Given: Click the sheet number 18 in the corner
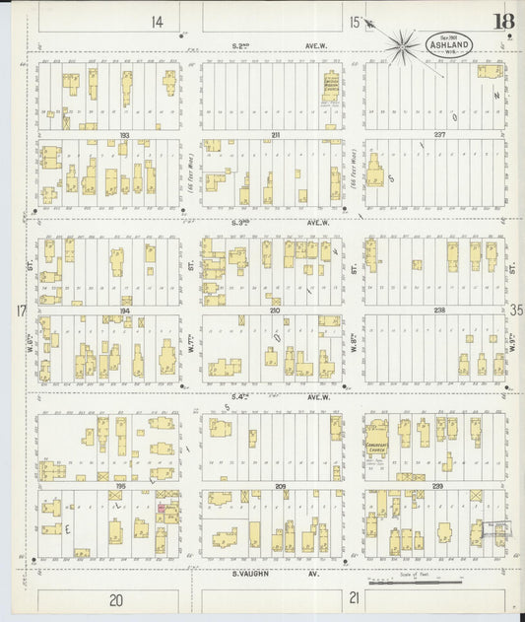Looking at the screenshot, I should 503,22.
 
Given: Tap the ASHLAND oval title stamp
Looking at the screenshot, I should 449,44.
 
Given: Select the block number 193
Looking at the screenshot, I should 124,134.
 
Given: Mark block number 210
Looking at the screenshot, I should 275,310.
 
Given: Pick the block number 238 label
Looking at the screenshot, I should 437,310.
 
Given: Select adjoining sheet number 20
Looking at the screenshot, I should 116,600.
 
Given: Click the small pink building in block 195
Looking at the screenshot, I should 161,509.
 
